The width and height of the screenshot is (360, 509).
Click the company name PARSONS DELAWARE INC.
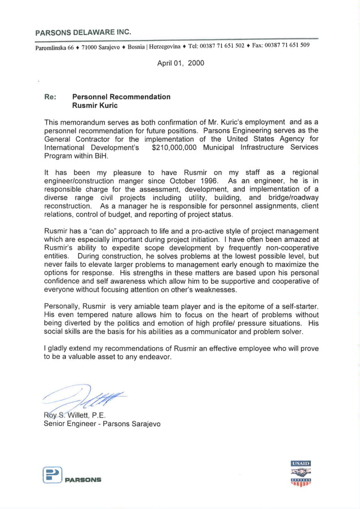pyautogui.click(x=83, y=32)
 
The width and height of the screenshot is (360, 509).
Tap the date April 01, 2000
pyautogui.click(x=181, y=63)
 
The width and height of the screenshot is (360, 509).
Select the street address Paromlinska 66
pyautogui.click(x=55, y=46)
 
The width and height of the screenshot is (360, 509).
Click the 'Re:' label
pyautogui.click(x=50, y=96)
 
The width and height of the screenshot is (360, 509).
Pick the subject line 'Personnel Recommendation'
pyautogui.click(x=121, y=96)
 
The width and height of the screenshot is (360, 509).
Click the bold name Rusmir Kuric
pyautogui.click(x=95, y=105)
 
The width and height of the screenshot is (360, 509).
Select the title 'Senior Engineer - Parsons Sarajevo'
pyautogui.click(x=102, y=424)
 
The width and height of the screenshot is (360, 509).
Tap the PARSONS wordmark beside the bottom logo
pyautogui.click(x=83, y=480)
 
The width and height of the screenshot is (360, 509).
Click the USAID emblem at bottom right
pyautogui.click(x=300, y=473)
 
